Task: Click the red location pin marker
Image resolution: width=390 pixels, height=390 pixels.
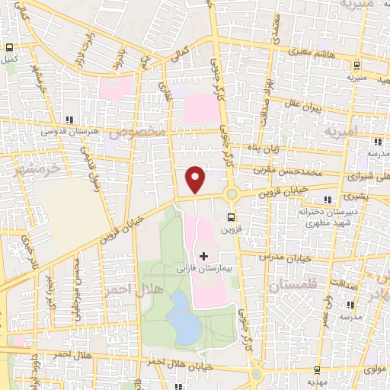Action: point(196,179)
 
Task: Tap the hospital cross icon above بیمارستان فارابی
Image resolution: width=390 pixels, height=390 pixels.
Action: point(203,255)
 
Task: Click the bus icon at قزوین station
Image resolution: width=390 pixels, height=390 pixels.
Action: point(232,216)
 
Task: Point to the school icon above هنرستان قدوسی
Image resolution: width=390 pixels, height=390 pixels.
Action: point(70,119)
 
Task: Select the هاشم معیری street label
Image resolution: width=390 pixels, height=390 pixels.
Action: point(314,51)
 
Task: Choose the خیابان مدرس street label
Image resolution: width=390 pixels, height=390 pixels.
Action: point(286,257)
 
